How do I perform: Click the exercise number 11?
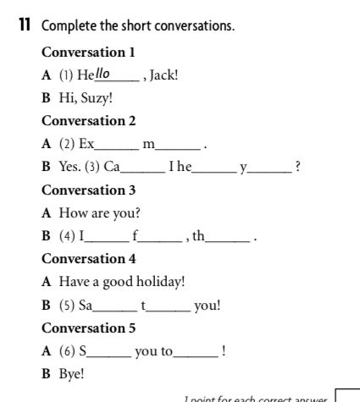tap(24, 26)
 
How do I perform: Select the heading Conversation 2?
tap(89, 120)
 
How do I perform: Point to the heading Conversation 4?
tap(89, 258)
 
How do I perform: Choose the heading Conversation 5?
tap(89, 328)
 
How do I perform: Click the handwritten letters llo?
tap(103, 73)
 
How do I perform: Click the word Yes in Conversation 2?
tap(66, 167)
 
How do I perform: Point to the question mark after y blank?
tap(296, 167)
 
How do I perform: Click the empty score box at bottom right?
tap(347, 395)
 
